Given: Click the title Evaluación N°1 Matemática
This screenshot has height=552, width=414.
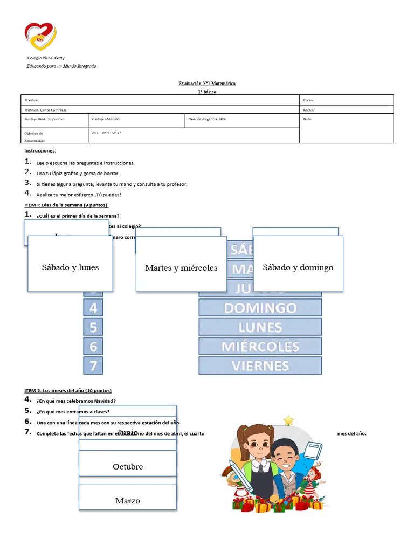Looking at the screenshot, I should coord(206,84).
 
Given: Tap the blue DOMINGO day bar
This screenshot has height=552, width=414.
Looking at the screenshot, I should coord(260,308).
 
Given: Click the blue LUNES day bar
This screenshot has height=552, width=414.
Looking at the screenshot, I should coord(260,327).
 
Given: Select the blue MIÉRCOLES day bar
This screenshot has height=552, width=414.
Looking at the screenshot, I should coord(260,346).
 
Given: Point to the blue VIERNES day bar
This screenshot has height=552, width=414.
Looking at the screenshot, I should coord(260,365).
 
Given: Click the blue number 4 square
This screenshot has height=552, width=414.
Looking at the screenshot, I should coord(93,308).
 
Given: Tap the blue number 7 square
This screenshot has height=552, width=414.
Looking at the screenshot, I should coord(93,365).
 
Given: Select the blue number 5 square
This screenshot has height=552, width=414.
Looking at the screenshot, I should coord(93,327).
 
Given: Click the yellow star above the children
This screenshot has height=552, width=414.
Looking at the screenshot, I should coord(289,420).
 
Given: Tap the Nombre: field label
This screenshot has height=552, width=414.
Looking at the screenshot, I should coord(32,100).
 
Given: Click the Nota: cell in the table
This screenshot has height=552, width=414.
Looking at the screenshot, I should coord(308,119).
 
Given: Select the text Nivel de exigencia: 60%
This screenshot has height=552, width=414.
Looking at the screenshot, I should coord(207,119).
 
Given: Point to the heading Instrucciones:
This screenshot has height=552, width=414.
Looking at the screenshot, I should coord(40,151).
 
